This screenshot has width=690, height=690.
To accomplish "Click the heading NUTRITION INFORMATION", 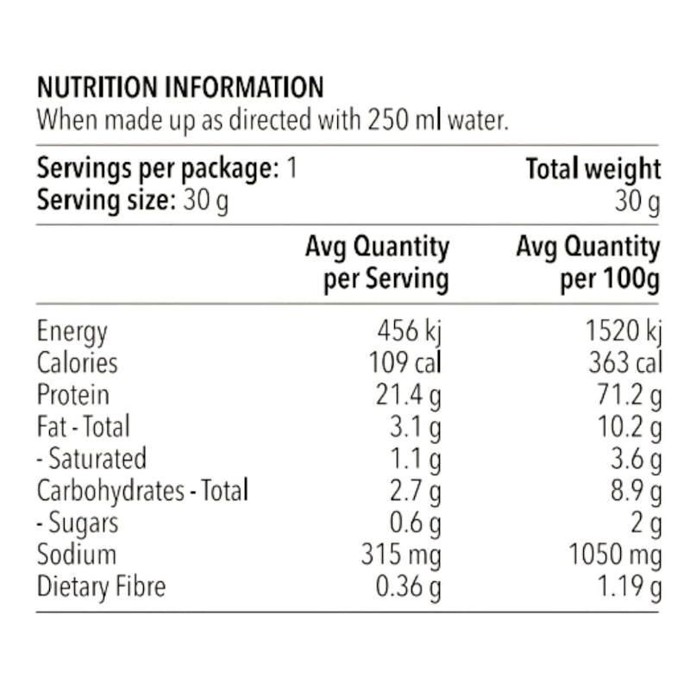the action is (x=180, y=87).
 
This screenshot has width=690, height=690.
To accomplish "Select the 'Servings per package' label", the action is (x=158, y=169).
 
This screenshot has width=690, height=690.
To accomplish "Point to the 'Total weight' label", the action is (x=593, y=169).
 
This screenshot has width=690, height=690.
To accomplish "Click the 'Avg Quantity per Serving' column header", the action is (x=378, y=263).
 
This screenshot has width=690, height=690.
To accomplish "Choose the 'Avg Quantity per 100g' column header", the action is (x=588, y=263).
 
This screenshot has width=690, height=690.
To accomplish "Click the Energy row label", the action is (x=72, y=331).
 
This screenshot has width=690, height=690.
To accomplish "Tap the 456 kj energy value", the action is (x=409, y=331).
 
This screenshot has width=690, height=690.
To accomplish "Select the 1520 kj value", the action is (x=624, y=331).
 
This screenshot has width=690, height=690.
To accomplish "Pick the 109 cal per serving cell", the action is (x=405, y=362).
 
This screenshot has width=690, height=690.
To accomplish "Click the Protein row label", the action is (x=73, y=395).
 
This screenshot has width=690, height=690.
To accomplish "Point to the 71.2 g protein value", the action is (x=630, y=396).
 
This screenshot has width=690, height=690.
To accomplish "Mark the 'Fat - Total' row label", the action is (x=84, y=426).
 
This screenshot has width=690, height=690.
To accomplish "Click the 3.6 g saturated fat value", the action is (x=637, y=460).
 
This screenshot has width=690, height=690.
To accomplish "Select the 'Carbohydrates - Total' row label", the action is (x=142, y=491).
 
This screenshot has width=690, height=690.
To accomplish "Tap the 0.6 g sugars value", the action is (x=415, y=524).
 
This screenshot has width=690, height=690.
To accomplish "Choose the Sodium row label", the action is (x=77, y=555).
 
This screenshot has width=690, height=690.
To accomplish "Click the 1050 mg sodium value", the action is (x=615, y=555).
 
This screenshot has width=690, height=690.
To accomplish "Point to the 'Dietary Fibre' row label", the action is (x=101, y=587).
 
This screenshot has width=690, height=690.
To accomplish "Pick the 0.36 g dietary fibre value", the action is (x=408, y=587).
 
